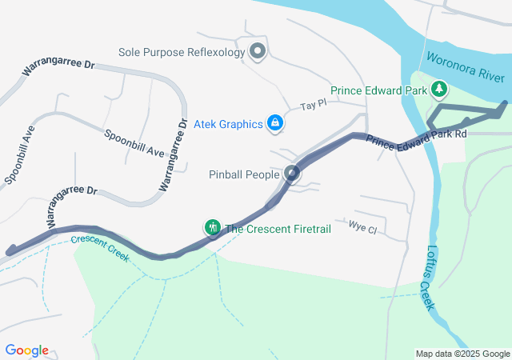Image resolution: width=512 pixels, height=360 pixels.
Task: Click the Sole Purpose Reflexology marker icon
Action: tap(258, 52)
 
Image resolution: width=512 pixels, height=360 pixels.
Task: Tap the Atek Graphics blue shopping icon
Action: tap(275, 123)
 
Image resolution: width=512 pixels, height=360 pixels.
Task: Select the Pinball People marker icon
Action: tap(293, 174)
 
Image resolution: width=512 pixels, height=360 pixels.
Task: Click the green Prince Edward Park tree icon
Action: tap(438, 89)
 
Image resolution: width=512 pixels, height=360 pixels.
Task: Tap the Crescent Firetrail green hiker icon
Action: tap(213, 228)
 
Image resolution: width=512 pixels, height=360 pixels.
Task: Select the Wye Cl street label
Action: tap(362, 227)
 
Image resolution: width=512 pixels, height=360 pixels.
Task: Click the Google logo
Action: tap(27, 350)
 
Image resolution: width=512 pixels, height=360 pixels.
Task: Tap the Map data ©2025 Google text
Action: tap(462, 354)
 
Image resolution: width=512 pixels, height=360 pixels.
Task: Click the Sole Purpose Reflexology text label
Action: tap(181, 52)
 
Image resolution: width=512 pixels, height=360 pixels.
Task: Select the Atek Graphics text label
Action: tap(230, 124)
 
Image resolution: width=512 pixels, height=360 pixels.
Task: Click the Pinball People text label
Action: tap(244, 174)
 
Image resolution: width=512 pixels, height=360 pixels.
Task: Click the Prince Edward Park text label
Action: tap(379, 90)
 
